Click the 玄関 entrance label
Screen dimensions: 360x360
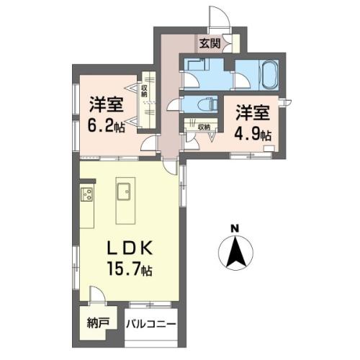210,44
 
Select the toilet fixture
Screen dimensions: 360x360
206,104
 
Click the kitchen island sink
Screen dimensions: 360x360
124,192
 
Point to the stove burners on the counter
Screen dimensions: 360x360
87,194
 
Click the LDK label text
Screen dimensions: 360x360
130,249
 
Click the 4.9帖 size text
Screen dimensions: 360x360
253,135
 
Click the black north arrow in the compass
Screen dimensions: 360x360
235,253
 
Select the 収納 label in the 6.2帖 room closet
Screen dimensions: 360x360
144,91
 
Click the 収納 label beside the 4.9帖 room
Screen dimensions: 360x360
204,127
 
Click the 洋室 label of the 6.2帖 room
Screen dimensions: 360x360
107,104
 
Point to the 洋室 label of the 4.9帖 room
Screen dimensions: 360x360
253,113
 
